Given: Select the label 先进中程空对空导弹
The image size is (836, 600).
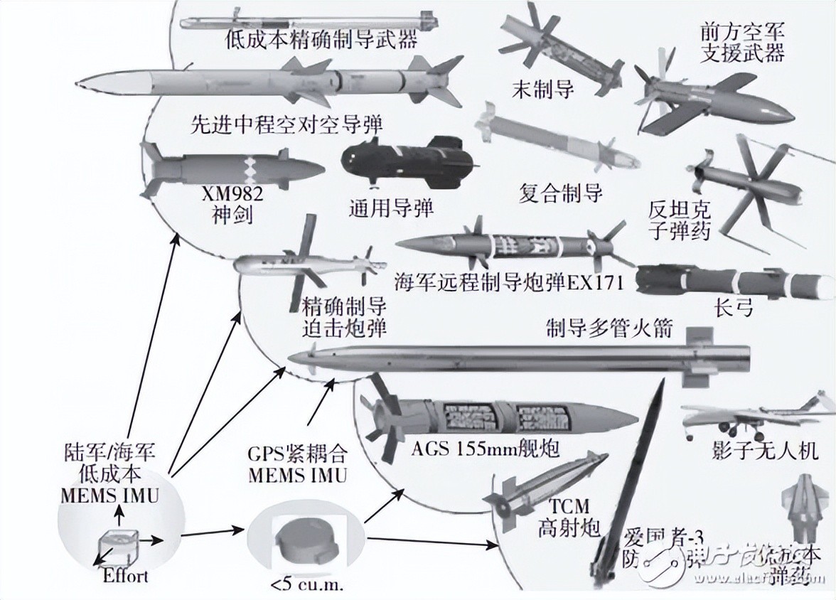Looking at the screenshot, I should pos(287,125).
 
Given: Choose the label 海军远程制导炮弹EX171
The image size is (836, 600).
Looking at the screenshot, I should pos(509,282).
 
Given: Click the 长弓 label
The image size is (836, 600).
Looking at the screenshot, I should pos(732,308).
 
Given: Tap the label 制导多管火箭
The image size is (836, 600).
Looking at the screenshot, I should pos(609,329).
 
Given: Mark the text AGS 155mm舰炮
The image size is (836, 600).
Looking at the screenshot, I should pos(486,450).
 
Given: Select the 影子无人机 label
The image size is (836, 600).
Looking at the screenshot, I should pos(764,451).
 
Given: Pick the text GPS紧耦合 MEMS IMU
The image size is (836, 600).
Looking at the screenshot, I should pos(298,463).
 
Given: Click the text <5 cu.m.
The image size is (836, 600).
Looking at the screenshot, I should pos(297,584).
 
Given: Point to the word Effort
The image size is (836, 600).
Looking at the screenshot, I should pos(124,574).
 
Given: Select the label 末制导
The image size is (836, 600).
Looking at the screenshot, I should pos(542,89).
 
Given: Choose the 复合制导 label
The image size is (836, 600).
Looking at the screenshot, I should pos(560,193).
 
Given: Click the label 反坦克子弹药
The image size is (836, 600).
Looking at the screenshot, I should pos(680,220).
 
